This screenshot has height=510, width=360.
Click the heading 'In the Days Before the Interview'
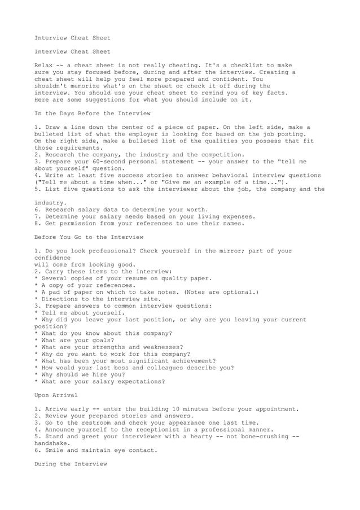93,114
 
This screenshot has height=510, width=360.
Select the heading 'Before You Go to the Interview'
89,237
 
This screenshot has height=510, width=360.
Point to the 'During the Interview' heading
71,464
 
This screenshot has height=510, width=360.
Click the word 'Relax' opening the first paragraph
45,66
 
